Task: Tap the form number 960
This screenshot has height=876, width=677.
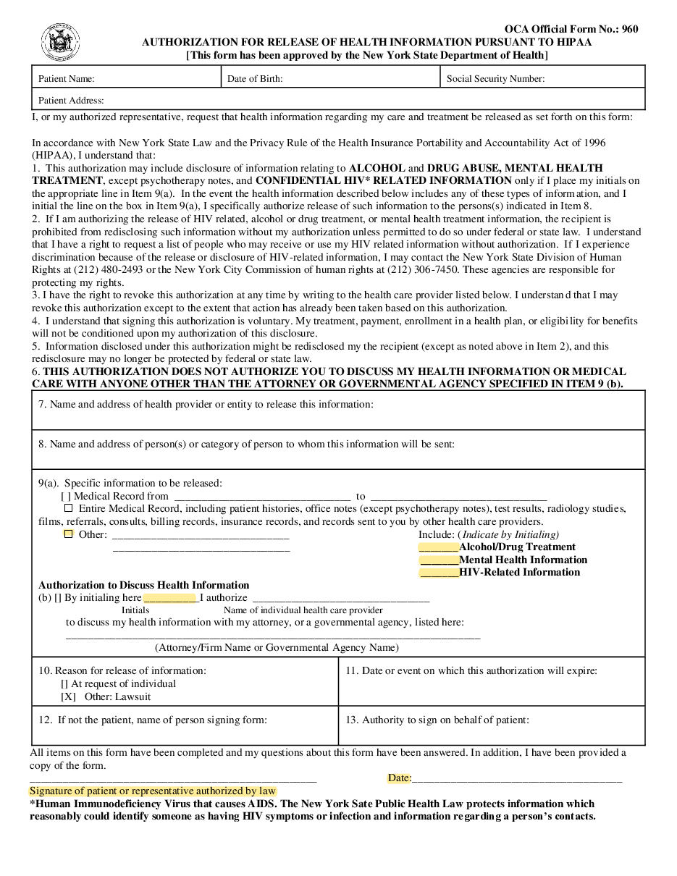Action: tap(629, 30)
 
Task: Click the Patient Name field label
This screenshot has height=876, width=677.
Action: tap(66, 79)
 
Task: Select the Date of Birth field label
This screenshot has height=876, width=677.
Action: tap(255, 79)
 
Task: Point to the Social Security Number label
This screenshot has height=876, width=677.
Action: tap(495, 79)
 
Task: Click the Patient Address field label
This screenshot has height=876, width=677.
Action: tap(71, 101)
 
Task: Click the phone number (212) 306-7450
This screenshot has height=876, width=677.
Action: tap(414, 270)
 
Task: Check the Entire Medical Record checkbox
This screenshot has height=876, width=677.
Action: tap(69, 508)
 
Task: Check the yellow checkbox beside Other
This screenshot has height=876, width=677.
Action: tap(69, 534)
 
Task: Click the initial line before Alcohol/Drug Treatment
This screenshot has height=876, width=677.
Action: tap(439, 547)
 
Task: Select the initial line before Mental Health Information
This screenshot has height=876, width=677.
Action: tap(439, 560)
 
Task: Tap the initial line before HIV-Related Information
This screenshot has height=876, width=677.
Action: tap(439, 573)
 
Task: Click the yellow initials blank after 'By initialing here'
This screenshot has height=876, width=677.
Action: tap(170, 598)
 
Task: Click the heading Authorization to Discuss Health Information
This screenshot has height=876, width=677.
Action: tap(143, 585)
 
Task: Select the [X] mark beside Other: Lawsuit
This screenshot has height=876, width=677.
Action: tap(68, 696)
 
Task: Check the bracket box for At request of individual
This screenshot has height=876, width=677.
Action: tap(64, 683)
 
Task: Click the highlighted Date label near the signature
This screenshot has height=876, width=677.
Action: tap(399, 778)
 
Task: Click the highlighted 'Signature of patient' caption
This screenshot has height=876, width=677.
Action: tap(153, 791)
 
